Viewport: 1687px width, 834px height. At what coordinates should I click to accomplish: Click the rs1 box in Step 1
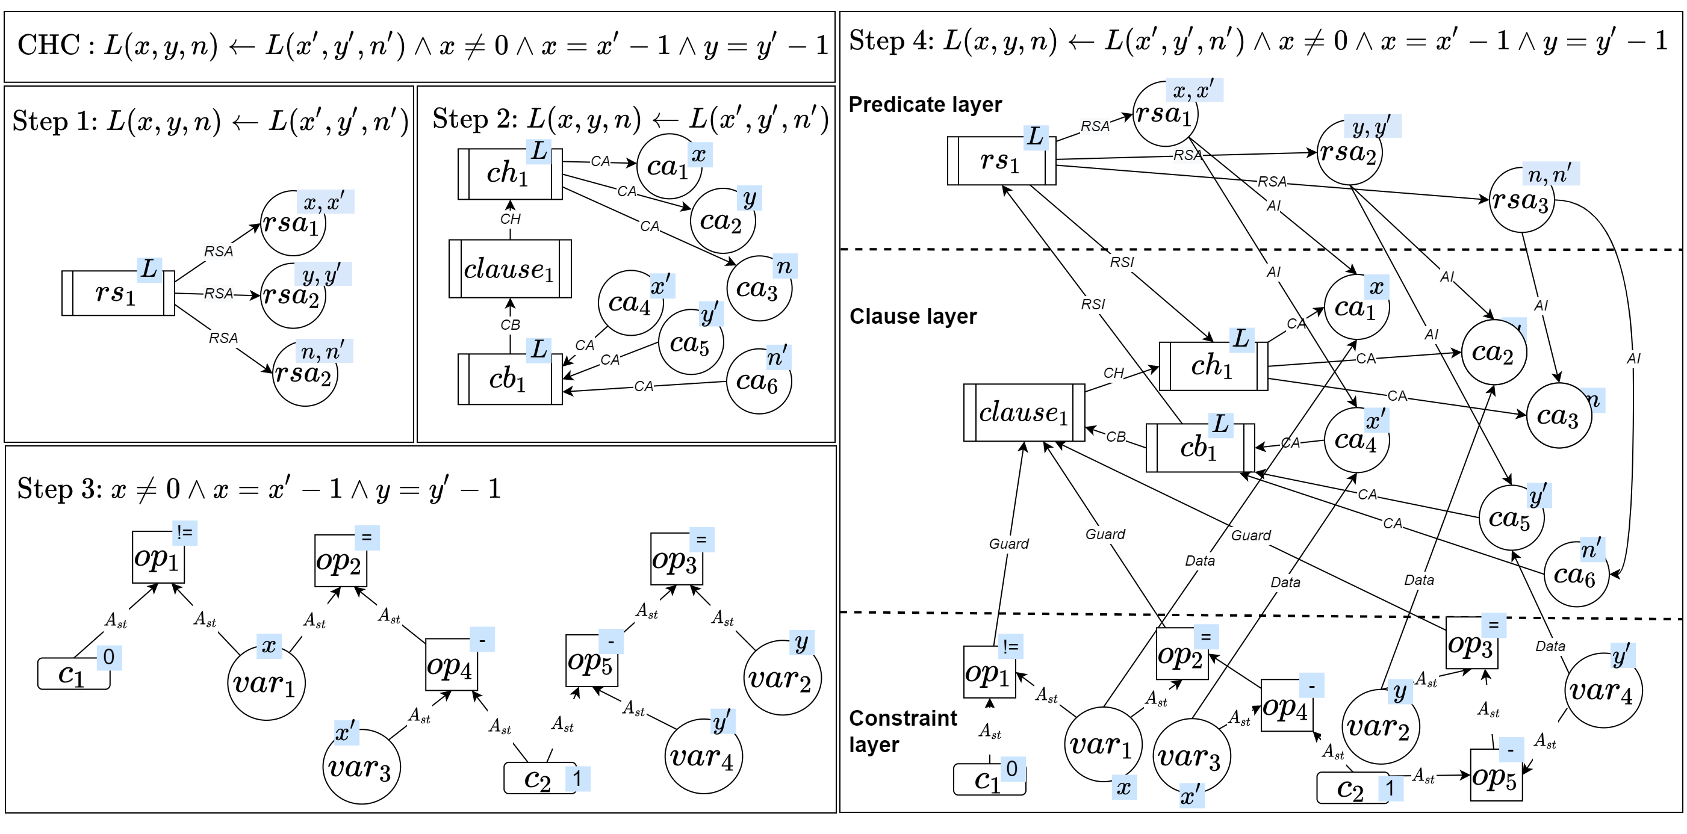click(x=118, y=292)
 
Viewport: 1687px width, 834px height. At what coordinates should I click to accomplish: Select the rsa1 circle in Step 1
click(x=292, y=224)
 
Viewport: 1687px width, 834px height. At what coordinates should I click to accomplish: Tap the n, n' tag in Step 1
click(x=323, y=351)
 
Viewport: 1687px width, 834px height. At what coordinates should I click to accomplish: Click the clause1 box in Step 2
click(x=509, y=269)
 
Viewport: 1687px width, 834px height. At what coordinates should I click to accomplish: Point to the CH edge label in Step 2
click(x=510, y=218)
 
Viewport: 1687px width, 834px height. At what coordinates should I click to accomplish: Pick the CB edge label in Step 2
click(x=510, y=325)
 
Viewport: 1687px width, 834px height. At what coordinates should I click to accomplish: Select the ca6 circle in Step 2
click(x=759, y=381)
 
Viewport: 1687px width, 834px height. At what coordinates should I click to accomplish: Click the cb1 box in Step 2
click(x=509, y=379)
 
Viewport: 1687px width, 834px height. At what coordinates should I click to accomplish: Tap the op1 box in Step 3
click(x=158, y=557)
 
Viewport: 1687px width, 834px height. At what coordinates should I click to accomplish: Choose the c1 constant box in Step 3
click(x=73, y=673)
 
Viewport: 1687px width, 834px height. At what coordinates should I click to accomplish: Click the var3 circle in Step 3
click(x=361, y=767)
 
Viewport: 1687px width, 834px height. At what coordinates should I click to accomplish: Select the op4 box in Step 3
click(x=450, y=665)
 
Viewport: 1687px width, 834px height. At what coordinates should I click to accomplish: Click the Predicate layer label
click(x=925, y=105)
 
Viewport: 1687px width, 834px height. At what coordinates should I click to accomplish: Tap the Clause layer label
click(x=912, y=316)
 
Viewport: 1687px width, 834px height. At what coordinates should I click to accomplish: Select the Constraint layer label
click(x=903, y=731)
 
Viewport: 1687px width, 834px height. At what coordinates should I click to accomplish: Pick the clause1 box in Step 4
click(x=1024, y=412)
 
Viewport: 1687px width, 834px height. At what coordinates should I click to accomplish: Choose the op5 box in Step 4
click(x=1495, y=776)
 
